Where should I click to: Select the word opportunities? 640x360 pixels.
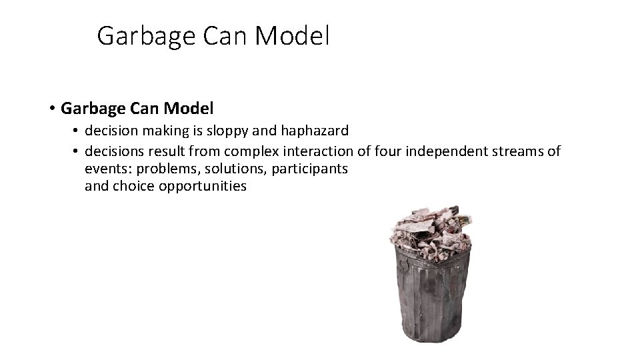[203, 187]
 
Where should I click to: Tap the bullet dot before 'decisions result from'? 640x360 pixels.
[76, 153]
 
